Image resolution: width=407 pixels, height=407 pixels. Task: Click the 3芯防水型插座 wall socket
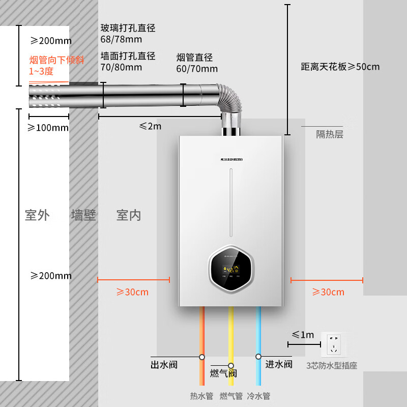[x=334, y=344]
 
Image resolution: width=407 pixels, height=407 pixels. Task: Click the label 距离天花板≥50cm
[x=340, y=67]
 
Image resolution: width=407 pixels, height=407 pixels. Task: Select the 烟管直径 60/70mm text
[x=197, y=63]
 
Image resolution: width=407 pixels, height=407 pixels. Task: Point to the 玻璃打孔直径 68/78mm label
[x=128, y=34]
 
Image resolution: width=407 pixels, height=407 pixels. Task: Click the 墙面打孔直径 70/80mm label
[x=128, y=61]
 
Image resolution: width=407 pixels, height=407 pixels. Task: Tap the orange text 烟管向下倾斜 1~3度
[x=56, y=66]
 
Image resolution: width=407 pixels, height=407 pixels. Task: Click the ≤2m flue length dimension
[x=150, y=126]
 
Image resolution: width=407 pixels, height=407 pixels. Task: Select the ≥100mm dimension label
[x=48, y=128]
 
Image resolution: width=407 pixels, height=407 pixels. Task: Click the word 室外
[x=37, y=215]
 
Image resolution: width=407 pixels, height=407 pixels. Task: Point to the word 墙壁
[x=83, y=215]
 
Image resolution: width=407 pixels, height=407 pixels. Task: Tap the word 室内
[x=129, y=215]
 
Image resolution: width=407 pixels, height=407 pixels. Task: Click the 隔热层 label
[x=330, y=134]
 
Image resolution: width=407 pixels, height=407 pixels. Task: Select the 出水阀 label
[x=164, y=364]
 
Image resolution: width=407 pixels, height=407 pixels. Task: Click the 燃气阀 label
[x=223, y=373]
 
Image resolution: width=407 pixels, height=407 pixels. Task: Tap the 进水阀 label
[x=279, y=364]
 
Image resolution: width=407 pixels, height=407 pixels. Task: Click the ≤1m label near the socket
[x=303, y=335]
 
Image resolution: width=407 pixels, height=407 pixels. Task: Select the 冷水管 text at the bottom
[x=258, y=396]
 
